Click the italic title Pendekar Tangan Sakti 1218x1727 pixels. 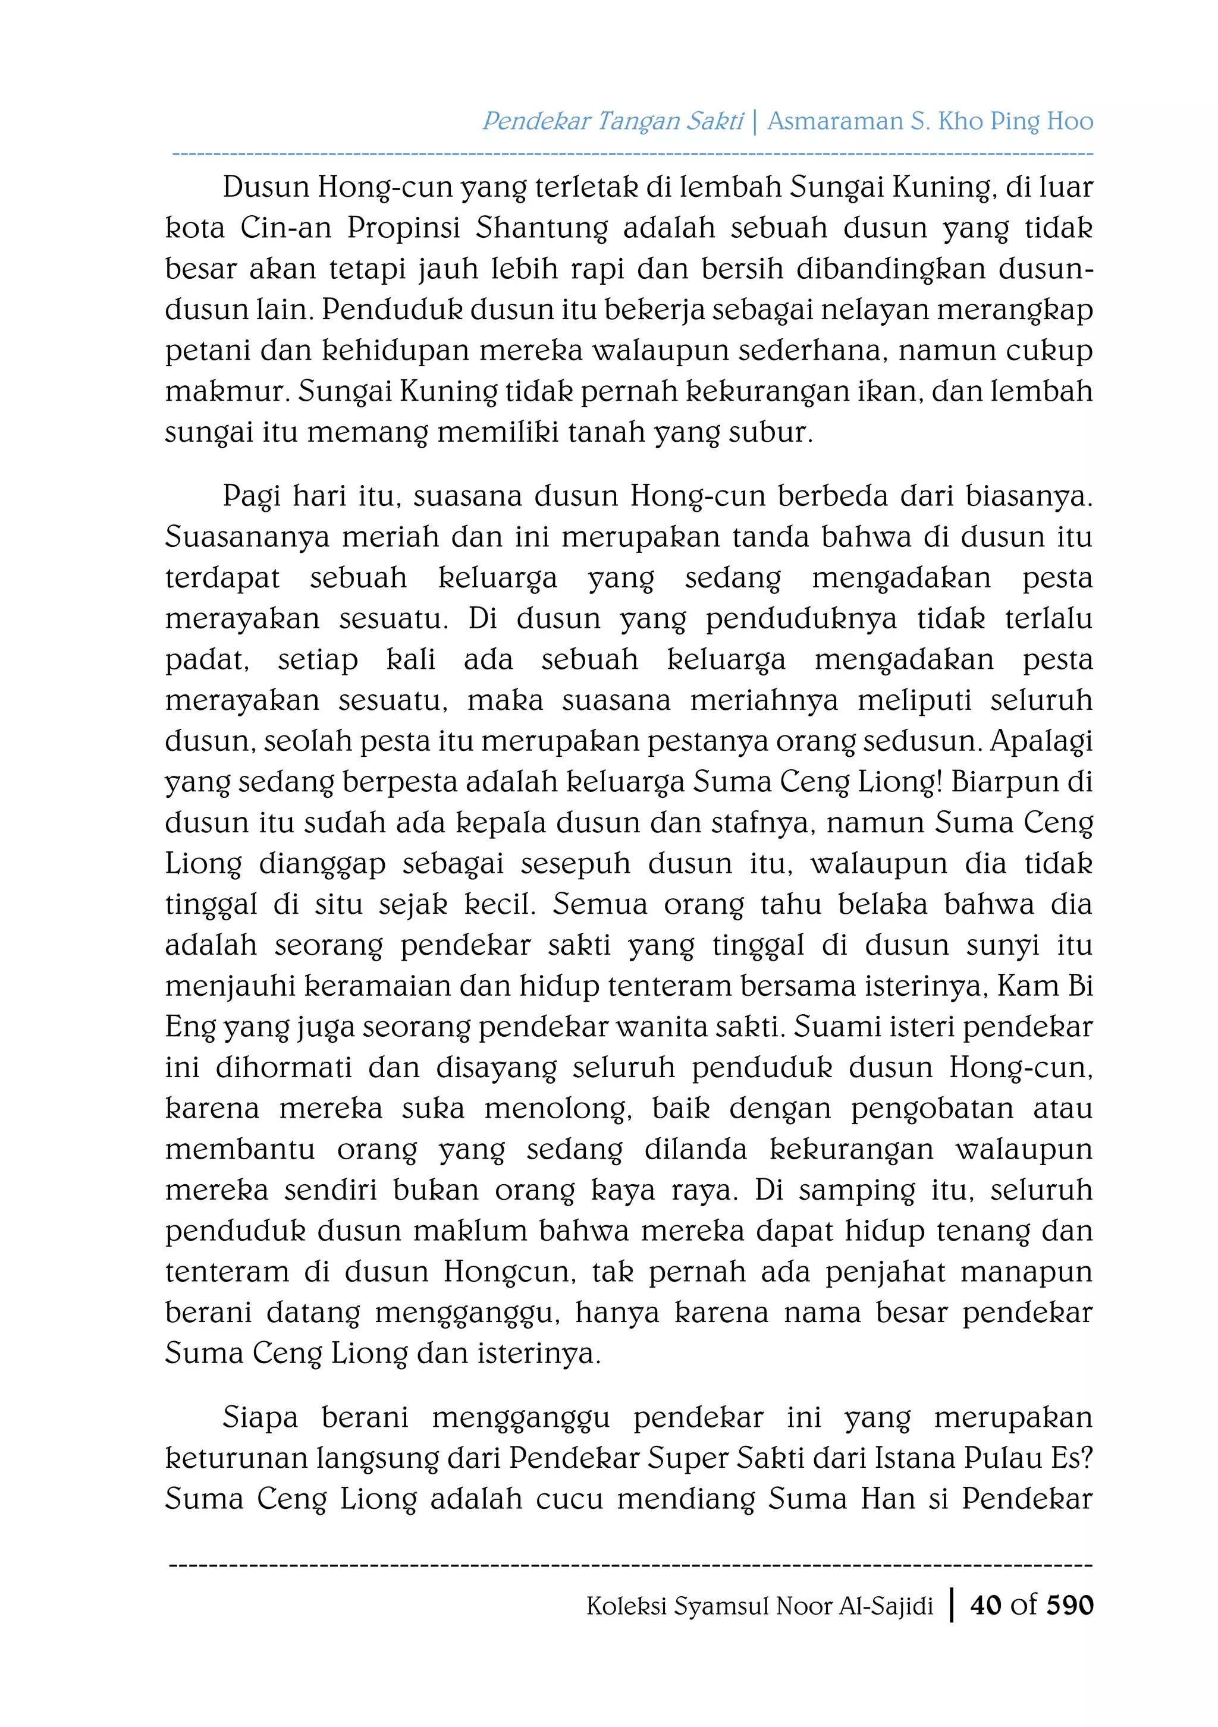613,121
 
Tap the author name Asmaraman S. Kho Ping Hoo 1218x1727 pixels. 930,121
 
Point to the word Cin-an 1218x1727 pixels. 286,228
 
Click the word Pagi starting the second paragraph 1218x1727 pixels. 250,496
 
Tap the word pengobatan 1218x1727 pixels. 931,1109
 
